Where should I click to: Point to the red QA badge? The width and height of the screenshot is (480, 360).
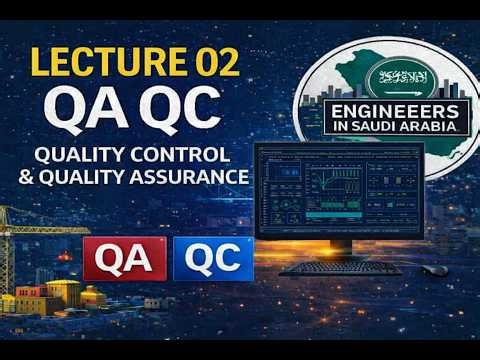coord(124,259)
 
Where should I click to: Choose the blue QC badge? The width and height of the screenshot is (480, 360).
coord(212,259)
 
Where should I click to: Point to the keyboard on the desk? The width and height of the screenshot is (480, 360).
coord(339,268)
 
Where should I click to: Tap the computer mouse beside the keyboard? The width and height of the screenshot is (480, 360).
coord(436,270)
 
